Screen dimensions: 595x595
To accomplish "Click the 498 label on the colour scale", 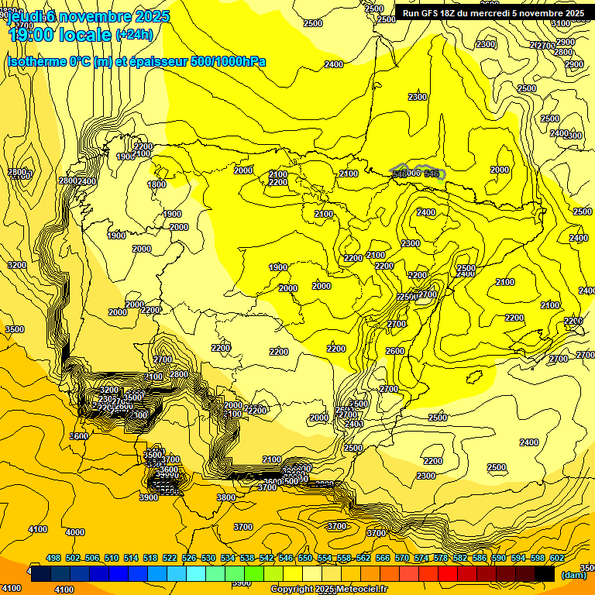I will (x=53, y=558).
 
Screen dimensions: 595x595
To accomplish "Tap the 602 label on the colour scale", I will (x=557, y=558).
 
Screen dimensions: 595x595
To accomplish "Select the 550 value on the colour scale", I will (x=305, y=558).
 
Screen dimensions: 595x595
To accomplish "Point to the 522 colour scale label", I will (x=170, y=558).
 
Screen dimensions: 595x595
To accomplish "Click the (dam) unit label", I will (x=573, y=575).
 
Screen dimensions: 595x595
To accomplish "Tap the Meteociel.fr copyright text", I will (x=328, y=590).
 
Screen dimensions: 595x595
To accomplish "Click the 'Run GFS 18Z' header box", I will (x=494, y=13).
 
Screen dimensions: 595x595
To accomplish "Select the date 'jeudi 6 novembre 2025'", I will (x=82, y=16).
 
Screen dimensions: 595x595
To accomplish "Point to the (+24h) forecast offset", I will (x=135, y=35).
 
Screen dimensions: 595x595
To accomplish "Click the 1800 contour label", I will (x=157, y=184).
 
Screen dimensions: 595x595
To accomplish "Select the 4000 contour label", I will (x=75, y=532).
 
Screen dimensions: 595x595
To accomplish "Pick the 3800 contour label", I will (x=226, y=497).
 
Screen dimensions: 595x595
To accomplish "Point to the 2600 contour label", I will (x=395, y=351).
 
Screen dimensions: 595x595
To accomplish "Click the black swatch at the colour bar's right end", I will (x=545, y=574).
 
